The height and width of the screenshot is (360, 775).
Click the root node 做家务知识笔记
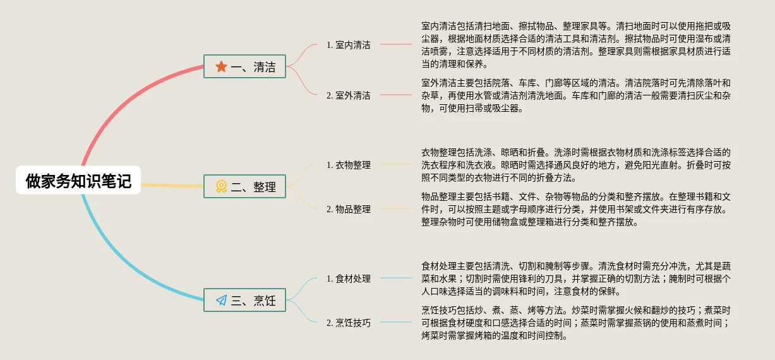click(x=78, y=181)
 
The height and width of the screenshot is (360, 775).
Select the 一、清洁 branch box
click(x=245, y=66)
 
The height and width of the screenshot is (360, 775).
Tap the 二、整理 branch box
click(x=245, y=186)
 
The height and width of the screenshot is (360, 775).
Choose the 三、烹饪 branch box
click(x=245, y=300)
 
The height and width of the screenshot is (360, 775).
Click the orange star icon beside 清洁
click(x=221, y=66)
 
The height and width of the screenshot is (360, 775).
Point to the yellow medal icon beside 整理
click(x=221, y=186)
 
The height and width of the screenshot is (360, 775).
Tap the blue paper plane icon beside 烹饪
click(x=221, y=300)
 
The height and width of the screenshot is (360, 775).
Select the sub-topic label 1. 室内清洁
click(x=349, y=45)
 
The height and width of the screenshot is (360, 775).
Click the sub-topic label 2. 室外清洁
click(x=349, y=95)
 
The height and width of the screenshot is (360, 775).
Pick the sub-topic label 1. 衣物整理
click(x=349, y=165)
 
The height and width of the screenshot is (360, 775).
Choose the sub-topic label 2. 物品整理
click(x=349, y=209)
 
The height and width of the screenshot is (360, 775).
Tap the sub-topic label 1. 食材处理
click(x=349, y=279)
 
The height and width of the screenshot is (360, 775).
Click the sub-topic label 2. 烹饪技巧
click(x=349, y=323)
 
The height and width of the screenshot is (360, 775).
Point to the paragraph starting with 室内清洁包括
click(x=575, y=45)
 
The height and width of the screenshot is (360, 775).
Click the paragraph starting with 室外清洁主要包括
click(x=575, y=95)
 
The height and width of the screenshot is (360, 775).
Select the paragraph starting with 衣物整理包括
click(x=575, y=165)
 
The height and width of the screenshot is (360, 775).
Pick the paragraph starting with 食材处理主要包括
click(x=575, y=279)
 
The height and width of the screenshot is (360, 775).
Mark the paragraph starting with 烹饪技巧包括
click(x=575, y=323)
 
